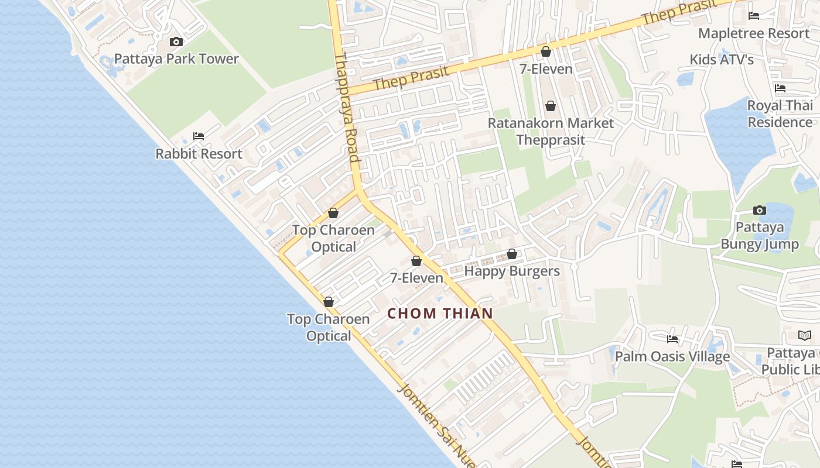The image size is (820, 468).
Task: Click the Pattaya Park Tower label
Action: [x=176, y=58]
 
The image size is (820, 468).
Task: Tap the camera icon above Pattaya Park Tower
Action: [x=176, y=42]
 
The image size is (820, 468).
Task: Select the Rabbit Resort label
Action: [x=199, y=154]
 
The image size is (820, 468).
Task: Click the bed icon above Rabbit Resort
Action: [x=199, y=136]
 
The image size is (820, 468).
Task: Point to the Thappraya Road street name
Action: [x=346, y=108]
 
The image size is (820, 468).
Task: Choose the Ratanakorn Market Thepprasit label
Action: [x=551, y=131]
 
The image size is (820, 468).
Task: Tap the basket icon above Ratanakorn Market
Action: [x=551, y=106]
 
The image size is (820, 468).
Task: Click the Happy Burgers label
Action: [x=512, y=271]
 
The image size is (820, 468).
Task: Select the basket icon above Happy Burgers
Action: [x=512, y=254]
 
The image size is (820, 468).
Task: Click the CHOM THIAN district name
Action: [x=440, y=313]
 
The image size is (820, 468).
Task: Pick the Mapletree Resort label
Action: [x=753, y=33]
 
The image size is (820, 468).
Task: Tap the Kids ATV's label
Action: [x=722, y=60]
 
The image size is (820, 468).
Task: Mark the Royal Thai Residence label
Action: [x=780, y=114]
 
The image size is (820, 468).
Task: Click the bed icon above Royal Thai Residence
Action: [x=780, y=88]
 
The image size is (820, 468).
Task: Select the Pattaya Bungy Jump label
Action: [x=760, y=236]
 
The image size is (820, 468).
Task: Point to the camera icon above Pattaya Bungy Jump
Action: [x=760, y=210]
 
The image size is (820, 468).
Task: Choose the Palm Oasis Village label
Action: [x=672, y=356]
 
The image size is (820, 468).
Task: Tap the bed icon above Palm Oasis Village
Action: [x=672, y=339]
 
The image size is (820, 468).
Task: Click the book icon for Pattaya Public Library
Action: [x=805, y=335]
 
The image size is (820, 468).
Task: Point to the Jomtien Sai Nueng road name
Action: [x=436, y=424]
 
